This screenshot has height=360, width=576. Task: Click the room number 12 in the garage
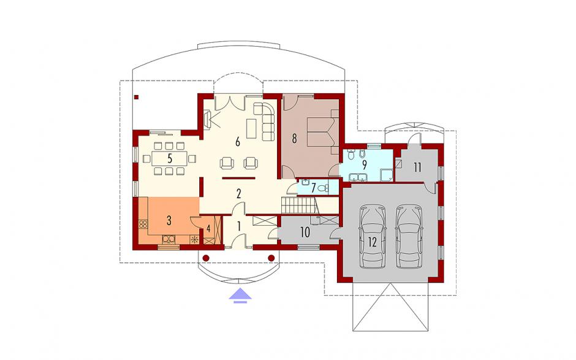[x=372, y=242]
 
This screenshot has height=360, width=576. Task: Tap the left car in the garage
[x=373, y=236]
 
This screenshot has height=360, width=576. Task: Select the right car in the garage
[x=409, y=236]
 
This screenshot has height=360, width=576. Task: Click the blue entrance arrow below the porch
[x=240, y=296]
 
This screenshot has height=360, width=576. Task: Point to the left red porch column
[x=206, y=258]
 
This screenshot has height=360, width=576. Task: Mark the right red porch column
[x=271, y=258]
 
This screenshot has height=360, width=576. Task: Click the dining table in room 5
[x=169, y=158]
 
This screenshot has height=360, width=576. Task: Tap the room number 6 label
[x=238, y=142]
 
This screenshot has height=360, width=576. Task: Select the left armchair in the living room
[x=227, y=163]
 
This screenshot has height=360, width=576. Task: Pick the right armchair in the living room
[x=251, y=163]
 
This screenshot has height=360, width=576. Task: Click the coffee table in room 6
[x=251, y=129]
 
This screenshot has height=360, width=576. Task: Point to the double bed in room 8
[x=322, y=132]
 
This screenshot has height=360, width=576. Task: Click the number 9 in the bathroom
[x=364, y=165]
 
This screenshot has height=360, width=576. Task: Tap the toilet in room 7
[x=322, y=188]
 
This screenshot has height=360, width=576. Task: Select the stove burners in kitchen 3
[x=143, y=224]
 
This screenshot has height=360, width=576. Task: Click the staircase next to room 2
[x=298, y=205]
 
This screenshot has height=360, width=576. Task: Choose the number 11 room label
[x=417, y=167]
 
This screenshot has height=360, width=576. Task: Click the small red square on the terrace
[x=136, y=98]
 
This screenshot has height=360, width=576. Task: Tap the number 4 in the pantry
[x=208, y=229]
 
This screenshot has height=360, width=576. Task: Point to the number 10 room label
[x=305, y=232]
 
